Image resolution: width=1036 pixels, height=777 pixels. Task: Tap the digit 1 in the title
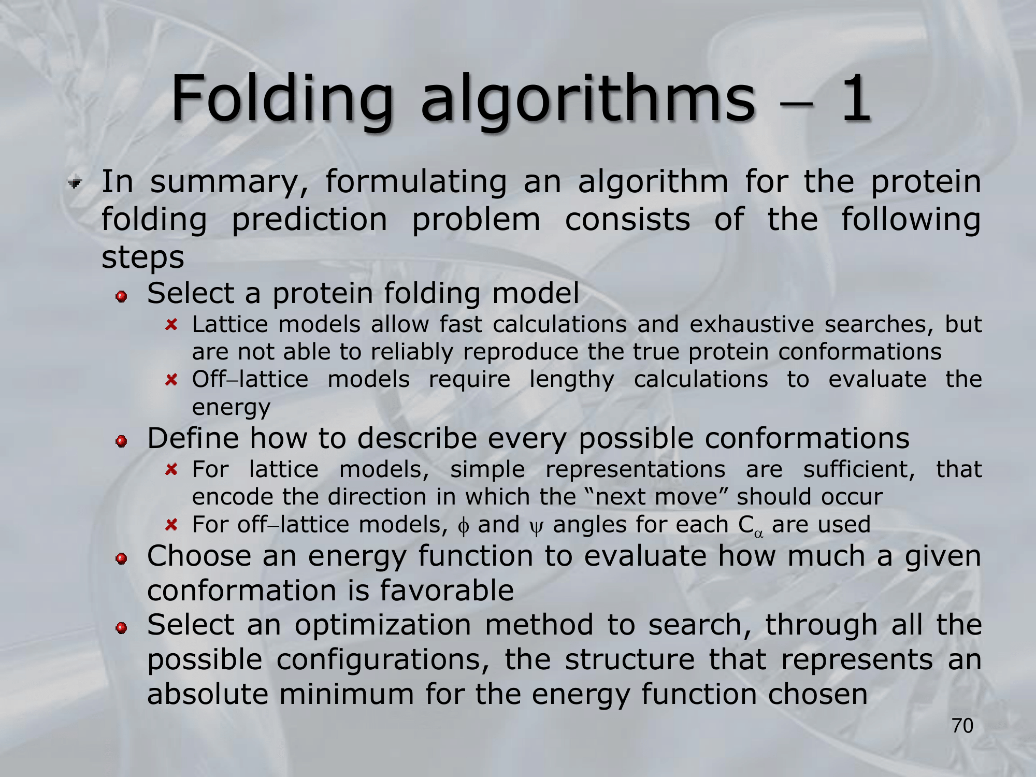[855, 98]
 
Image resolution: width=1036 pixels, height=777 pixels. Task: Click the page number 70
[962, 726]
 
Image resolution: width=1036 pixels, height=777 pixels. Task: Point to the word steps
[142, 257]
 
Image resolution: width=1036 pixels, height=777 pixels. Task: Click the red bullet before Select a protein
[122, 297]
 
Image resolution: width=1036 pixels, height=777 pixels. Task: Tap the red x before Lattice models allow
[171, 325]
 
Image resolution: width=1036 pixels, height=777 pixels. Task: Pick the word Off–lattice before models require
[250, 379]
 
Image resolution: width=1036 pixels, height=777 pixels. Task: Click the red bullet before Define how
[122, 441]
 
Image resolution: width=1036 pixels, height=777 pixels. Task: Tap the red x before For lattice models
[171, 470]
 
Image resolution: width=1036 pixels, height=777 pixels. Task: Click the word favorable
[447, 591]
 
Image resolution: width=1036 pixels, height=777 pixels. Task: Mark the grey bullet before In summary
[76, 183]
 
